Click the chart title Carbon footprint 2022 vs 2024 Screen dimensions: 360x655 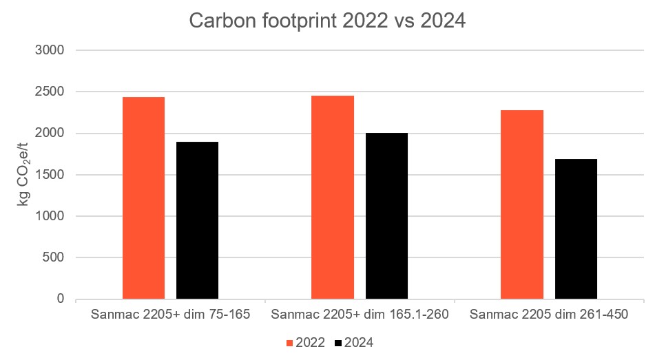[327, 21]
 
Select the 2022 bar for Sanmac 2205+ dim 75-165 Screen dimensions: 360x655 [143, 198]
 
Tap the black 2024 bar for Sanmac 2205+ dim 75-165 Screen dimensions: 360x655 [197, 220]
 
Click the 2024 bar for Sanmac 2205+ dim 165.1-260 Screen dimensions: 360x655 [386, 216]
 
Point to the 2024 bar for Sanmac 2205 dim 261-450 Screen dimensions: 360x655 [576, 229]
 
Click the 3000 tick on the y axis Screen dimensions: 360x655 [50, 50]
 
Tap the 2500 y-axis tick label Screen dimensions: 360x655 [50, 92]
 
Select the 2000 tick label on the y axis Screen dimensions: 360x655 [50, 134]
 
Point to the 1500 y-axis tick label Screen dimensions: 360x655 [50, 175]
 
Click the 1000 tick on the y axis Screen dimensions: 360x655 [50, 216]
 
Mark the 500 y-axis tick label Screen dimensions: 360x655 [54, 258]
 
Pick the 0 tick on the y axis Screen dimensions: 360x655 [60, 299]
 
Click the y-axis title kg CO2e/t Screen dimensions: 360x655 [22, 175]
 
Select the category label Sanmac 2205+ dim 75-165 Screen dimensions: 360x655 [170, 315]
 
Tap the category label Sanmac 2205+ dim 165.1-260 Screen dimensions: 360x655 [360, 315]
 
